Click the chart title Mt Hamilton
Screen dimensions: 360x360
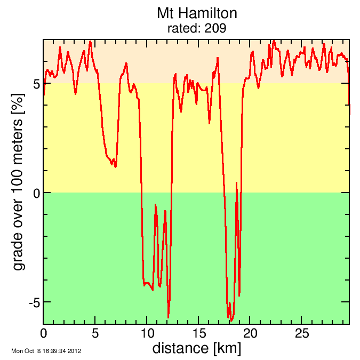click(197, 13)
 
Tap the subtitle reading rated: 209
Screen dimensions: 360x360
click(197, 28)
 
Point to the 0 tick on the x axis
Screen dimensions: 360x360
click(43, 333)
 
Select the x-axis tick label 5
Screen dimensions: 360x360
click(95, 333)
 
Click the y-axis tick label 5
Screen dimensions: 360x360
click(36, 84)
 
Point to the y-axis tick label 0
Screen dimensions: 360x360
click(36, 193)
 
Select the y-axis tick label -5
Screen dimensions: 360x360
click(33, 302)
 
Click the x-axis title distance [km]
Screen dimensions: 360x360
click(196, 349)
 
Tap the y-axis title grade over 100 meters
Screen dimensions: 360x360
click(19, 181)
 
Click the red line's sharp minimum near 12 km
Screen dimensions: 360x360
click(169, 317)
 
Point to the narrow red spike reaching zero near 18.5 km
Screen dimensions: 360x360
click(237, 183)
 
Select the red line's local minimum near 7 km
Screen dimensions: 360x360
click(115, 167)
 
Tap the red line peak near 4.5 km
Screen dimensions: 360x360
click(91, 41)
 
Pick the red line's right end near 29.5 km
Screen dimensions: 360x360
click(350, 113)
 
